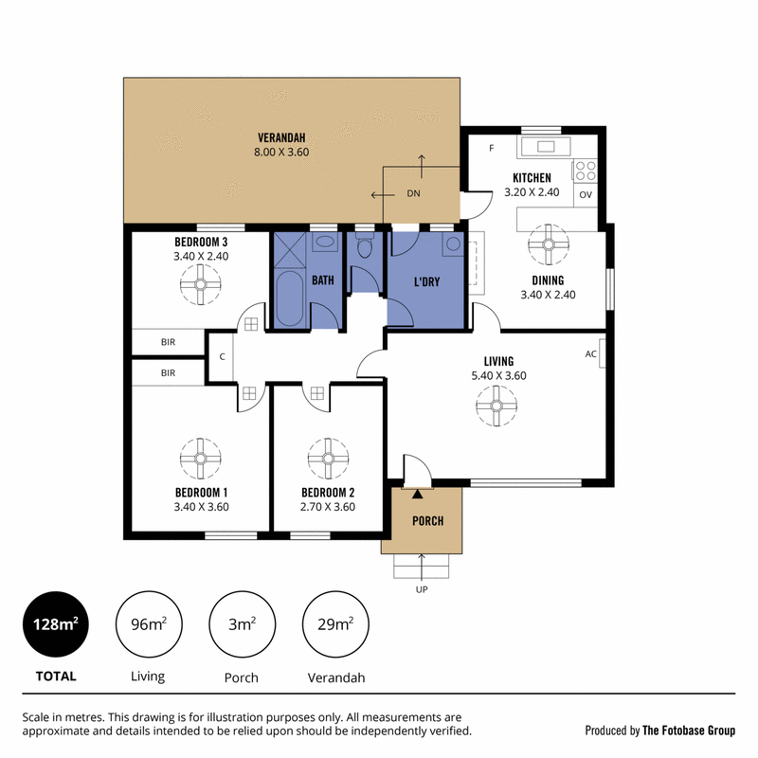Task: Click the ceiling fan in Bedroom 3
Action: (201, 284)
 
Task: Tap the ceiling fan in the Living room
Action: (496, 406)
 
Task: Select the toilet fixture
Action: (365, 245)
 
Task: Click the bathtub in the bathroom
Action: (290, 298)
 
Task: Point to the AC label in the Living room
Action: (590, 353)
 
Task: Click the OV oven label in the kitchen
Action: (586, 195)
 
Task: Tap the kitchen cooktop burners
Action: (586, 171)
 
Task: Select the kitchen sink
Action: (546, 146)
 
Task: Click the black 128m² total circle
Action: (56, 624)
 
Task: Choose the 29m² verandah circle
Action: (335, 624)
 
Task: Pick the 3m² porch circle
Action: (243, 624)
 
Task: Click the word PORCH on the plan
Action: (428, 520)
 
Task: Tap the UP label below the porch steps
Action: (422, 589)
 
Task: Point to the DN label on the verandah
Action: (413, 193)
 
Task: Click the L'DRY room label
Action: (427, 281)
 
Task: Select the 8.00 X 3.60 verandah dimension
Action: (281, 152)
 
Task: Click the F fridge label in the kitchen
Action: (492, 148)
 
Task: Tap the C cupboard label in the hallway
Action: (223, 357)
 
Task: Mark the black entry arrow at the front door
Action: (417, 494)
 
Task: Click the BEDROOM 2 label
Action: (328, 493)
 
